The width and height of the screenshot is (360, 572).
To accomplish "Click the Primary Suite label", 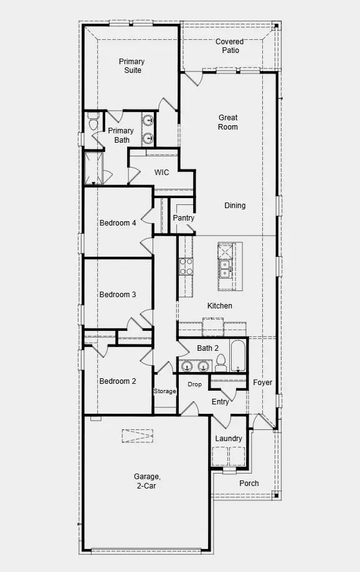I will click(x=131, y=66).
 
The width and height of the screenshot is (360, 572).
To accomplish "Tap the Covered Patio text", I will click(x=230, y=46).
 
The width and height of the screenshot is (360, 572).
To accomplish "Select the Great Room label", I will click(x=228, y=122).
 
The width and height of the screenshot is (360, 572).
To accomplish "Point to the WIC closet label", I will click(x=162, y=173).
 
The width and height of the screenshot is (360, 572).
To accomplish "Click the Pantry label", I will click(x=183, y=218).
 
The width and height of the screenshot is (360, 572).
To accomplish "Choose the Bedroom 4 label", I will click(x=118, y=223).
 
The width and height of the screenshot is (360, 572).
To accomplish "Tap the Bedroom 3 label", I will click(x=118, y=295).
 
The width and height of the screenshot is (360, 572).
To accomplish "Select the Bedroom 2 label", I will click(x=118, y=381).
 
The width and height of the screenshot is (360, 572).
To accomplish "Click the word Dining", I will click(x=235, y=206).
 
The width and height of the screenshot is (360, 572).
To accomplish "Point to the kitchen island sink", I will click(x=224, y=269).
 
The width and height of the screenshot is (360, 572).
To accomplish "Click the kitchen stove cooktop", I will click(x=186, y=267).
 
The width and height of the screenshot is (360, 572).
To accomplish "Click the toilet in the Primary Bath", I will click(x=93, y=123).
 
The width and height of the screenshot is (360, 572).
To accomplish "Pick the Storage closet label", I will click(x=165, y=391).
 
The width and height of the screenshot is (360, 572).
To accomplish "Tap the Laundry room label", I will click(x=229, y=439).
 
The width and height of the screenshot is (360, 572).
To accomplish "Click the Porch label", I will click(x=249, y=484).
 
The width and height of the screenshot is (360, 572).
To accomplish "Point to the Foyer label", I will click(x=263, y=383).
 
